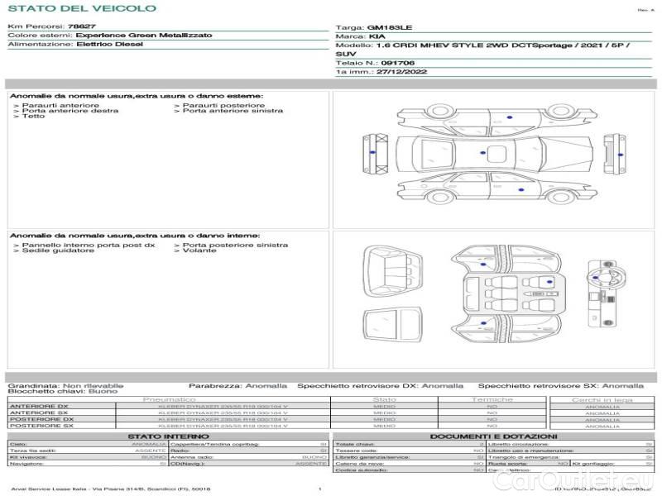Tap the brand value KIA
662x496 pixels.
[x=377, y=37]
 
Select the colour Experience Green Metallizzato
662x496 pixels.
[x=143, y=36]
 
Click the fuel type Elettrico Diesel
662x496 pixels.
[x=109, y=44]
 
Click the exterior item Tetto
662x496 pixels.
[x=33, y=117]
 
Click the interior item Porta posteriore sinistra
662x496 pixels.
[x=235, y=245]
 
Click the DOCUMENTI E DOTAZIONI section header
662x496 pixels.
[x=493, y=436]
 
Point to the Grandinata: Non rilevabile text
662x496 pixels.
[x=65, y=385]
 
